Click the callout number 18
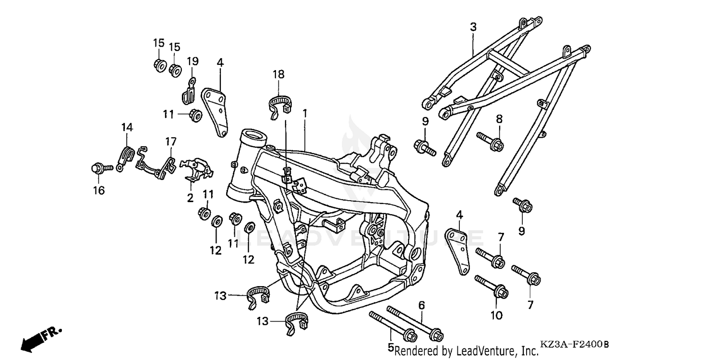pyautogui.click(x=278, y=74)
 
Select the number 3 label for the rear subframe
pyautogui.click(x=473, y=27)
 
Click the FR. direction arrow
pyautogui.click(x=41, y=337)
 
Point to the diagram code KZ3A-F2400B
pyautogui.click(x=574, y=345)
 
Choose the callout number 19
pyautogui.click(x=192, y=61)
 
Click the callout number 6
pyautogui.click(x=421, y=305)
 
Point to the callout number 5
pyautogui.click(x=391, y=347)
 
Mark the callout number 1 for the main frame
pyautogui.click(x=304, y=113)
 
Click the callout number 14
pyautogui.click(x=127, y=127)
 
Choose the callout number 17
pyautogui.click(x=171, y=142)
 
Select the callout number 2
pyautogui.click(x=190, y=198)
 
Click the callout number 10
pyautogui.click(x=496, y=315)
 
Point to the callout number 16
pyautogui.click(x=98, y=191)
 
